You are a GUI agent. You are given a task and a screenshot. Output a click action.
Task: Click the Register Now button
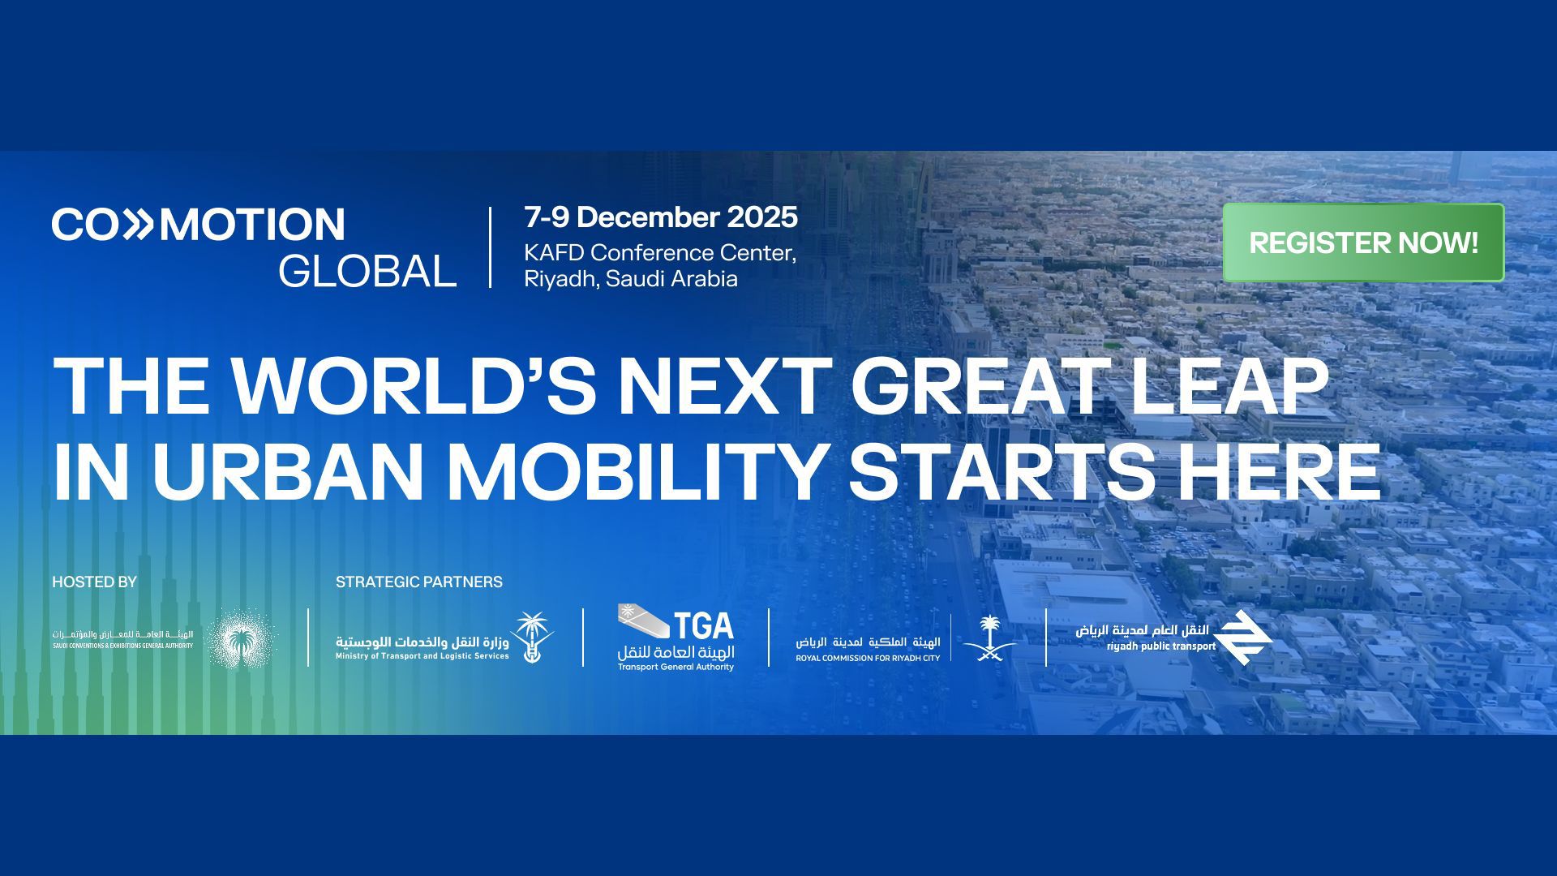[1363, 243]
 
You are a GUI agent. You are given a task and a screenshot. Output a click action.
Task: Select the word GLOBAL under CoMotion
[367, 271]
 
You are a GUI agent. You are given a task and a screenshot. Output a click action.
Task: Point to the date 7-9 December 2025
[661, 217]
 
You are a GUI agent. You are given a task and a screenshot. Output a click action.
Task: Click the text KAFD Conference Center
[660, 253]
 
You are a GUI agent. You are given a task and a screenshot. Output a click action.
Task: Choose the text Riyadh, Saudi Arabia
[631, 279]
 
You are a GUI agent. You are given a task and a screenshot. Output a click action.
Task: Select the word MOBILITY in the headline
[636, 472]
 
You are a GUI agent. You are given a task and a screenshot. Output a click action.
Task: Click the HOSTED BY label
[95, 582]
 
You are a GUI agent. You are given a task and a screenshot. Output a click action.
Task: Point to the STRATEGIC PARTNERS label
[419, 582]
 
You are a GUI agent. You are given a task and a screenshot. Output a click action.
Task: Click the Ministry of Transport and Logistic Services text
[422, 655]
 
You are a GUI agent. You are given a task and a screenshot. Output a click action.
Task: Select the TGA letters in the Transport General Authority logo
[703, 625]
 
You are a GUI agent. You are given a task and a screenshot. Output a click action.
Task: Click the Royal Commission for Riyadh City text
[868, 658]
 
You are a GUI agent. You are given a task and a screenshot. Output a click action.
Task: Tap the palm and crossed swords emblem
[989, 638]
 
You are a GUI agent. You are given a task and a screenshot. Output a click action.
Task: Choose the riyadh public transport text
[1160, 646]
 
